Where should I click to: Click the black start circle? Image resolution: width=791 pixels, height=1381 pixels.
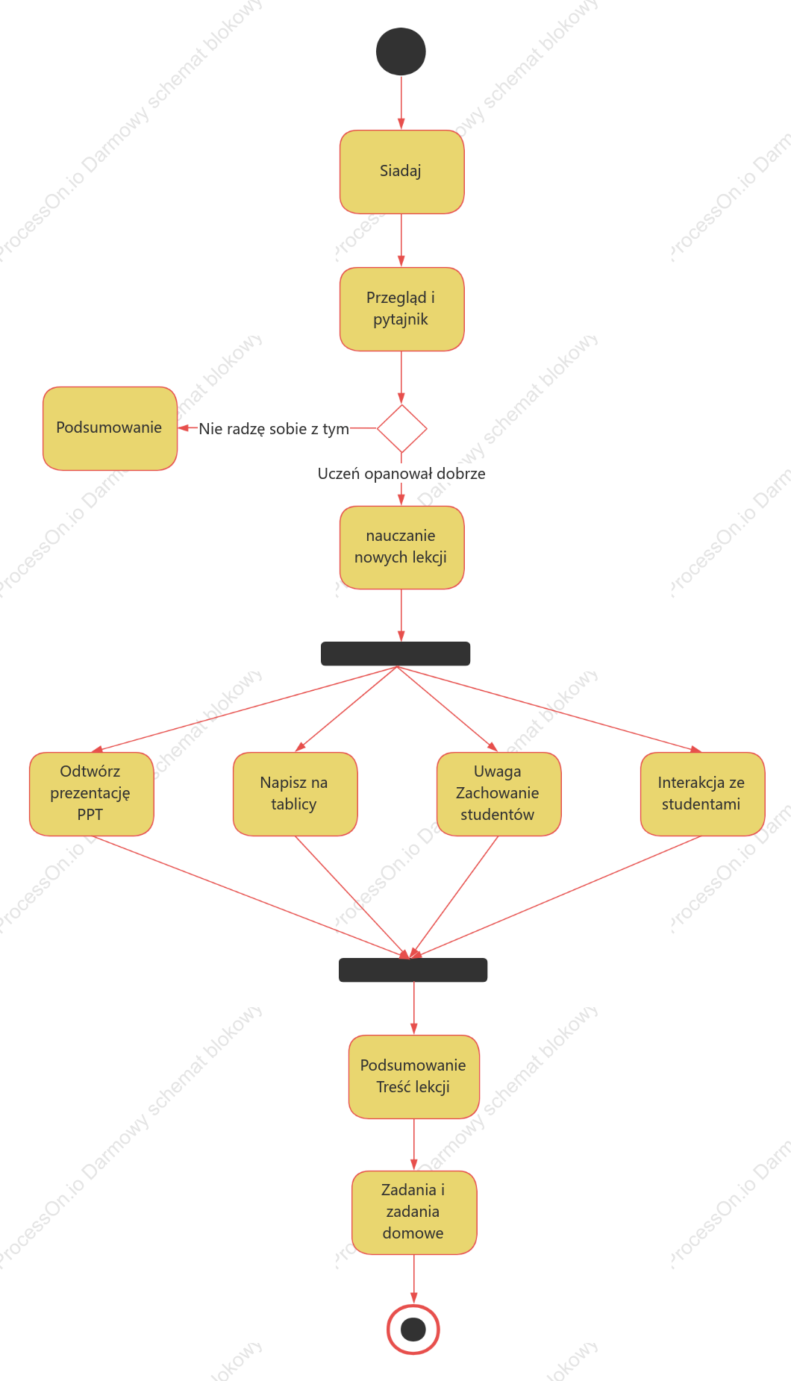point(401,51)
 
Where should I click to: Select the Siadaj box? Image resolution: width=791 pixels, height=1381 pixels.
point(401,172)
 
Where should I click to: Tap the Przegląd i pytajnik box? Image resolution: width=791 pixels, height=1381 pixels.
point(401,309)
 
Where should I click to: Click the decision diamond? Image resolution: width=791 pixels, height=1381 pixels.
point(401,428)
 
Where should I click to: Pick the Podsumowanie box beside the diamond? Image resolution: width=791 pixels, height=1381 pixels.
point(110,428)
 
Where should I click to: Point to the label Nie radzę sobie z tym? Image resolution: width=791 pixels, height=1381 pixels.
point(274,429)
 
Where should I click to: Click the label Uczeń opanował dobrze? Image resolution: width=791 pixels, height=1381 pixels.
point(401,474)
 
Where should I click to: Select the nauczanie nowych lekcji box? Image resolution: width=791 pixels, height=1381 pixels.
point(401,548)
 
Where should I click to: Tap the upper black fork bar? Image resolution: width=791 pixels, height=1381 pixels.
point(395,654)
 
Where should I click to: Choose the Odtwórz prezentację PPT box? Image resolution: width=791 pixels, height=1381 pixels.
point(91,794)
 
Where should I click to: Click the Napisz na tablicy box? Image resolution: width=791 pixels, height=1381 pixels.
point(295,794)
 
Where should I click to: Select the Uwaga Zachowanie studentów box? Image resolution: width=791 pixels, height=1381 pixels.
point(498,794)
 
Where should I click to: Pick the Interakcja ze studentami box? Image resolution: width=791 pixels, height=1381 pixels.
point(702,794)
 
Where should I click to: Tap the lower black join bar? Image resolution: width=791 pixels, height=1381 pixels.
point(413,970)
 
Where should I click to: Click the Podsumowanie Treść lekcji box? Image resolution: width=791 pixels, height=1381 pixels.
point(413,1077)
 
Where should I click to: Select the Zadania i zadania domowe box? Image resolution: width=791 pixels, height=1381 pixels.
point(414,1212)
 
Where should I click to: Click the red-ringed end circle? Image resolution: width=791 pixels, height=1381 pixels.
point(413,1329)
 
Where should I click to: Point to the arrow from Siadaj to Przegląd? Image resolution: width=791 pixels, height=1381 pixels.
point(401,240)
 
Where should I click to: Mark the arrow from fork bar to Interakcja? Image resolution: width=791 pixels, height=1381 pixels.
point(549,709)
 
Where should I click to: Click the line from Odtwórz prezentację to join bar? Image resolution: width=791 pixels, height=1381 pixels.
point(250,897)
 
